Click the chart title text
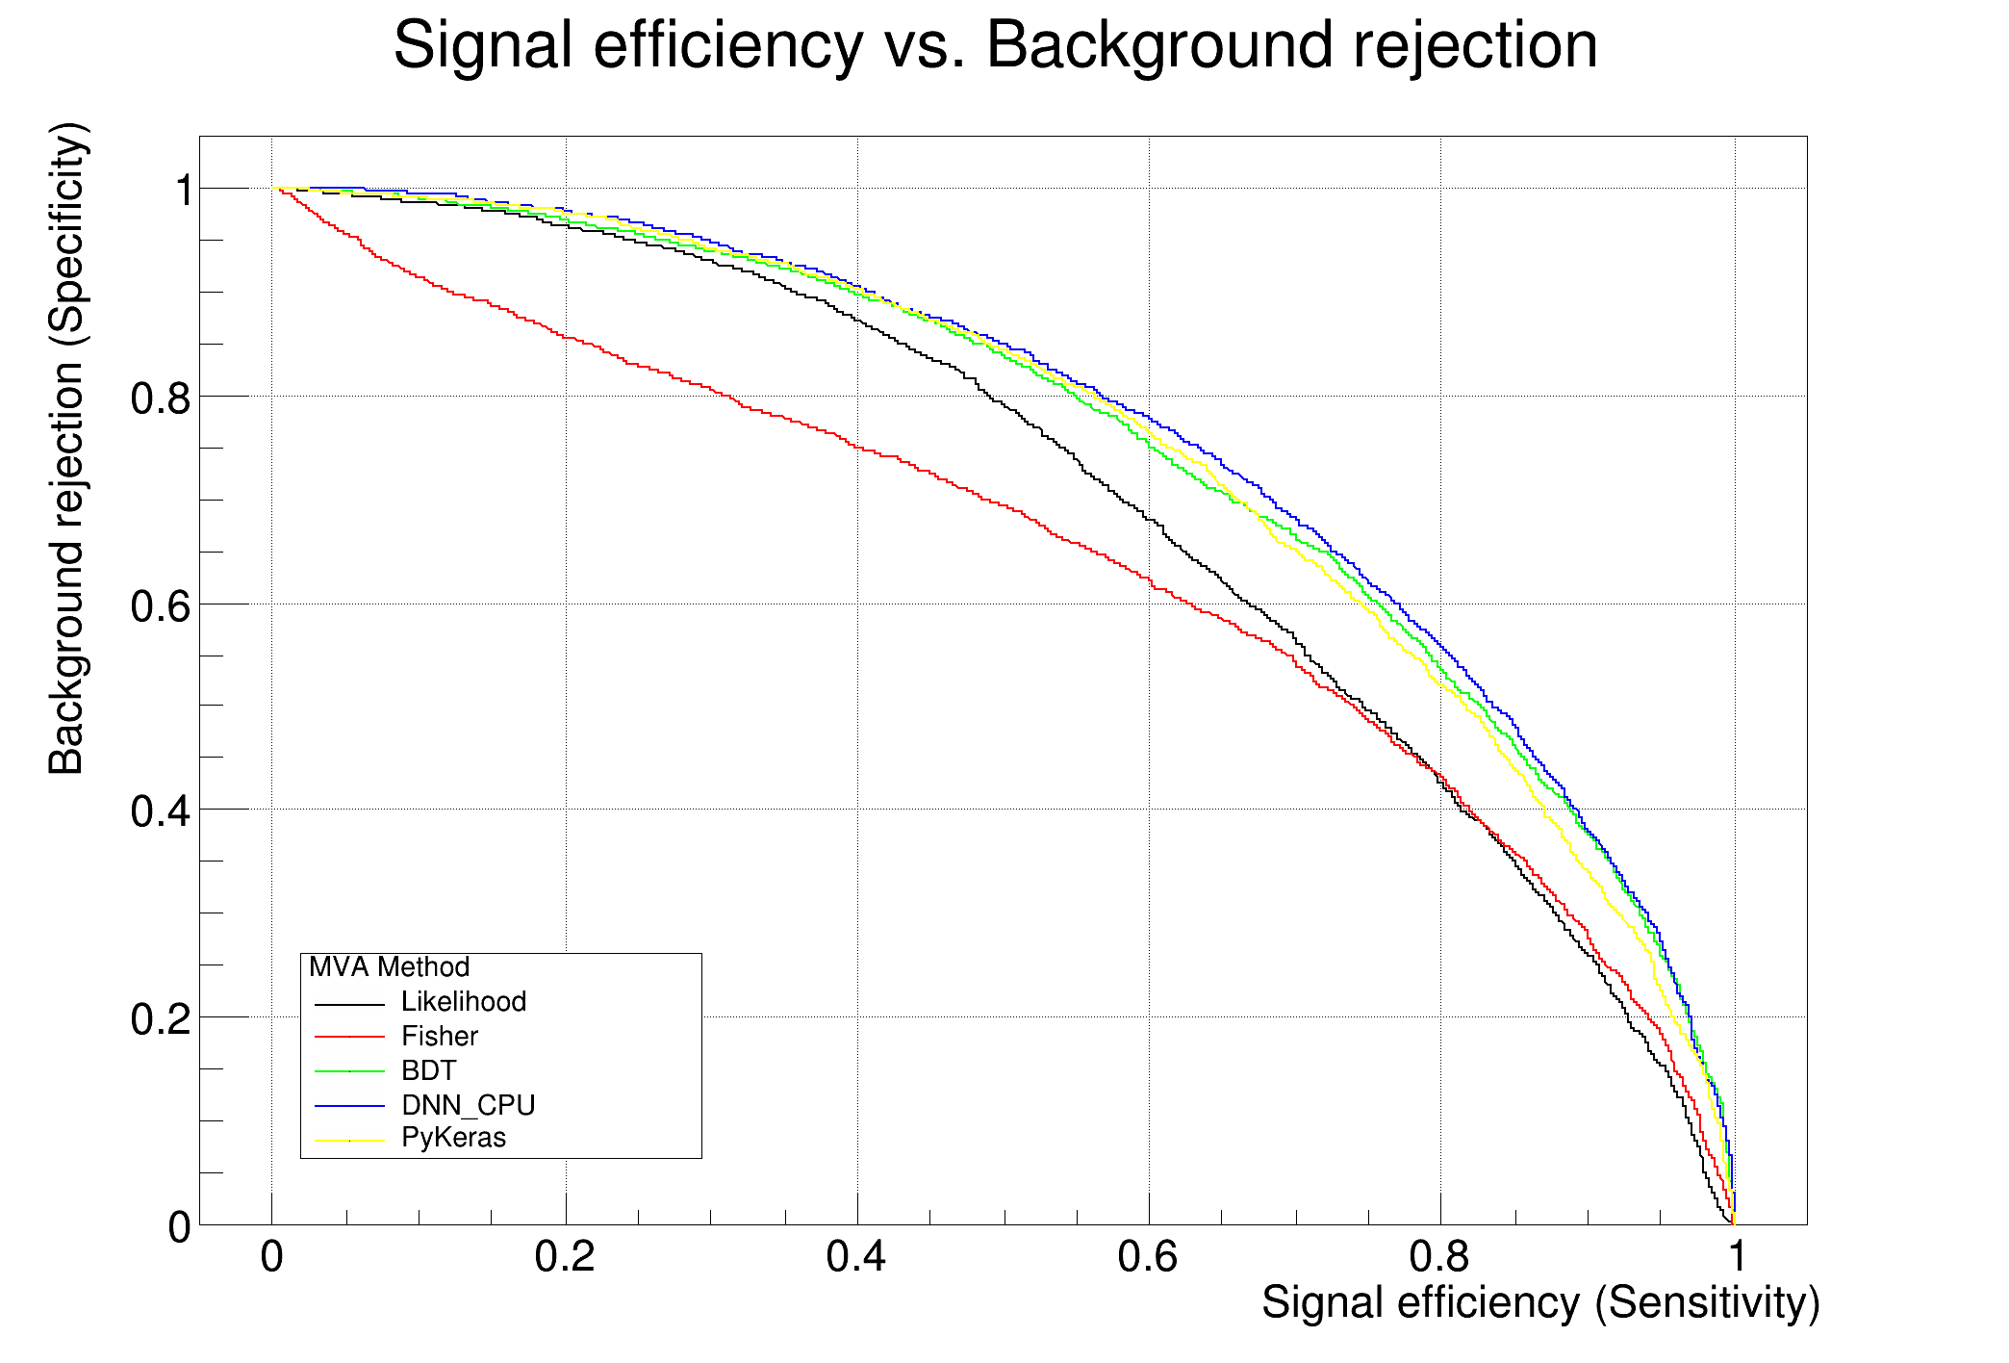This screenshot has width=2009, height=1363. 995,45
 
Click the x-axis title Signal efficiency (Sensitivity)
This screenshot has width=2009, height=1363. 1539,1302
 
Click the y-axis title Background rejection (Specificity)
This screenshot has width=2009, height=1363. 67,449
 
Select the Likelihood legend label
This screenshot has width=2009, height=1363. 463,1002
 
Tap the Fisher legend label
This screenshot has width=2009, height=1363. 439,1037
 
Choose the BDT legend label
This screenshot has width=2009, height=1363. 428,1070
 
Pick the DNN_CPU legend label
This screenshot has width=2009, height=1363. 468,1105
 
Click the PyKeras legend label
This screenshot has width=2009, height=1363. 453,1138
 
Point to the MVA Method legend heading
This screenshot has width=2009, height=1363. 389,967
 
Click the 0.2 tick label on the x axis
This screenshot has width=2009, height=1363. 565,1257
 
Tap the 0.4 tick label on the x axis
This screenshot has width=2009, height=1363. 856,1257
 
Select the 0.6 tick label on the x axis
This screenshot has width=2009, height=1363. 1148,1257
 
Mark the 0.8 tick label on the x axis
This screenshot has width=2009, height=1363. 1439,1257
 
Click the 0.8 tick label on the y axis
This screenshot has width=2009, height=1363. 160,398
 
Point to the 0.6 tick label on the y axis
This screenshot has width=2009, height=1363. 160,605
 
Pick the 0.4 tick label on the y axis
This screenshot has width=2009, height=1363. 160,811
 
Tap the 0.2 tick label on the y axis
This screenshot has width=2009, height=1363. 160,1018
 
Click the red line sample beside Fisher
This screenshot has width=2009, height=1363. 349,1037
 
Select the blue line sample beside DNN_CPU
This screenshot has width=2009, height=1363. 349,1105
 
